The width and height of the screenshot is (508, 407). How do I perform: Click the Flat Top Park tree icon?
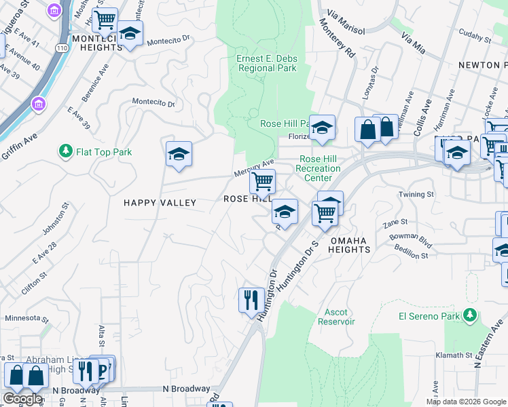pyautogui.click(x=66, y=151)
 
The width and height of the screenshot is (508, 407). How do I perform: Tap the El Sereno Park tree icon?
pyautogui.click(x=469, y=315)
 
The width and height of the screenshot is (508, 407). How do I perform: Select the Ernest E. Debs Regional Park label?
pyautogui.click(x=266, y=64)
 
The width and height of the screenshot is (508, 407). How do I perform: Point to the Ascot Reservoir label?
pyautogui.click(x=336, y=317)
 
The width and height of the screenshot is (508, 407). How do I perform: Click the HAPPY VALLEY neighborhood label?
pyautogui.click(x=160, y=203)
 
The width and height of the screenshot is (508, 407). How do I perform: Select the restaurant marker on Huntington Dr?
pyautogui.click(x=251, y=299)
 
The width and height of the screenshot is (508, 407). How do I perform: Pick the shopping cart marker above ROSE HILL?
pyautogui.click(x=262, y=181)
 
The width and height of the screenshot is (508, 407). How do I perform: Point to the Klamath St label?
pyautogui.click(x=454, y=355)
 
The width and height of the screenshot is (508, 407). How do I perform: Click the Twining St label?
pyautogui.click(x=416, y=194)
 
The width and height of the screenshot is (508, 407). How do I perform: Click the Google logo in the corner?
pyautogui.click(x=22, y=398)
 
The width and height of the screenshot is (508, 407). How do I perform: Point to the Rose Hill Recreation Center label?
pyautogui.click(x=319, y=168)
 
